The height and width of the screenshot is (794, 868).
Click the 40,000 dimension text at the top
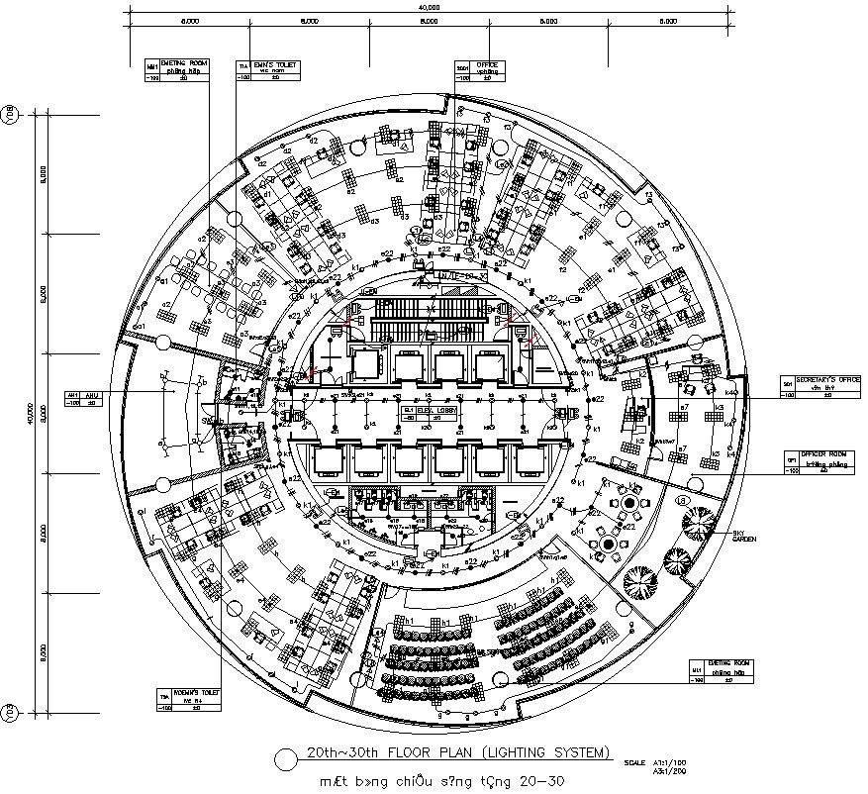pos(429,7)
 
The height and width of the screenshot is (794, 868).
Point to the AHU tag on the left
pos(82,397)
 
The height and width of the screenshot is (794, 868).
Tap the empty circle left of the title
pos(285,759)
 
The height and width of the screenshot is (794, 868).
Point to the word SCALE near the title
pos(634,762)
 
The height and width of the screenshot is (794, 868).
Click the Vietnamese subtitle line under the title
pos(441,781)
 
